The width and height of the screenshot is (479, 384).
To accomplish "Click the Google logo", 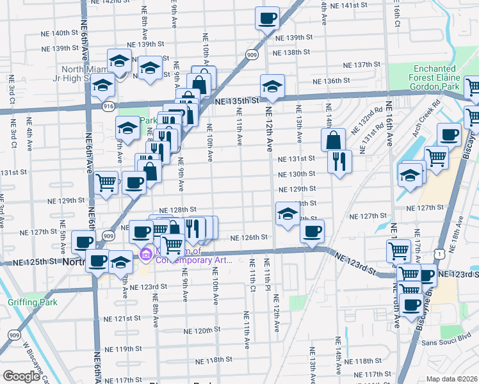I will tap(20, 376).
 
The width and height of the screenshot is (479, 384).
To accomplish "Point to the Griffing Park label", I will tap(32, 302).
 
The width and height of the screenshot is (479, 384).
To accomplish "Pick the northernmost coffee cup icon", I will tap(268, 18).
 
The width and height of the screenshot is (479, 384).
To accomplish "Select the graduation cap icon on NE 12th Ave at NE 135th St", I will tap(272, 86).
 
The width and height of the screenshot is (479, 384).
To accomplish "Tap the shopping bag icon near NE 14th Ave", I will tap(334, 140).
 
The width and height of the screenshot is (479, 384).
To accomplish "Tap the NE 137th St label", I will tap(362, 65).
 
